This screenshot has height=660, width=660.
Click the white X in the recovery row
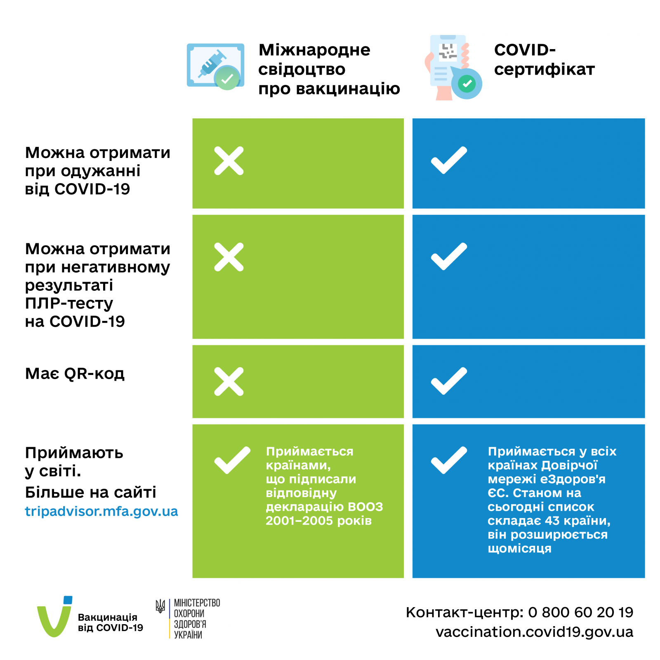click(x=229, y=160)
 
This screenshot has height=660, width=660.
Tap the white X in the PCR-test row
click(x=229, y=257)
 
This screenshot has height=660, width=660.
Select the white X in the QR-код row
click(x=229, y=382)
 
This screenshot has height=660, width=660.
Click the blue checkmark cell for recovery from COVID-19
click(x=449, y=160)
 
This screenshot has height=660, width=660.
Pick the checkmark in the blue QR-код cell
click(x=449, y=381)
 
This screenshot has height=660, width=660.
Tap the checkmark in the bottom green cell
click(x=232, y=460)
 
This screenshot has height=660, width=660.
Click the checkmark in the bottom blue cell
click(x=449, y=460)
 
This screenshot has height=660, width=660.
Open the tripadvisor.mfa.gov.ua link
click(x=101, y=511)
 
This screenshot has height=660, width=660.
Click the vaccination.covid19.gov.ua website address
click(x=534, y=632)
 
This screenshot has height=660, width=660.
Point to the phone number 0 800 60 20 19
click(x=580, y=612)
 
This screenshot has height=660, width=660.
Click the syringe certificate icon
click(x=215, y=66)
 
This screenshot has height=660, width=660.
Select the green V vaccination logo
click(x=54, y=617)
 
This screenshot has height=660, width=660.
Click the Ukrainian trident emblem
click(x=160, y=606)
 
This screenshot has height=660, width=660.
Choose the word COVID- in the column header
click(x=525, y=50)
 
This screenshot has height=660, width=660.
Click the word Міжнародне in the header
click(x=314, y=50)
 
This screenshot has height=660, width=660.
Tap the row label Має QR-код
click(x=75, y=374)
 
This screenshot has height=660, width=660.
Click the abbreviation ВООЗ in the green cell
click(x=365, y=507)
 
